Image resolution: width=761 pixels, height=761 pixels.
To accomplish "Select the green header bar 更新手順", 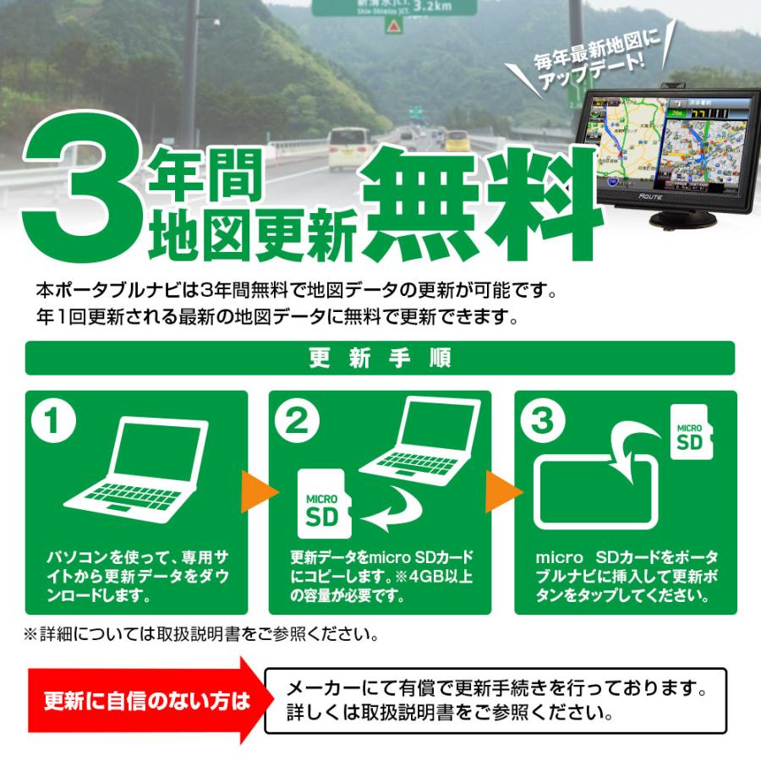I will click(x=380, y=357).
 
